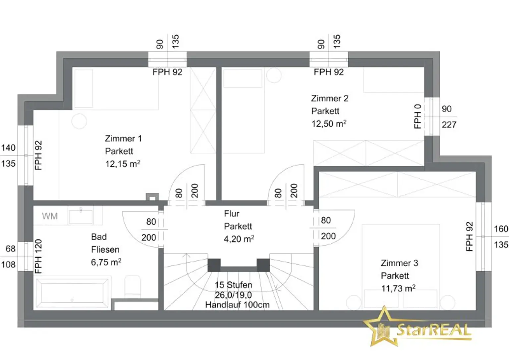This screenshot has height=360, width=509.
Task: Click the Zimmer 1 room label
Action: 123,138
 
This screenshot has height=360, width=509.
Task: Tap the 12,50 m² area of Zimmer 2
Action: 329,124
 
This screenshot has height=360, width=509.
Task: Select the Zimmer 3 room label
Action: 399,263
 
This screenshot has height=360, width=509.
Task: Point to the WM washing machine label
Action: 50,216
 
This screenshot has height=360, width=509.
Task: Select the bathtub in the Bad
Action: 72,293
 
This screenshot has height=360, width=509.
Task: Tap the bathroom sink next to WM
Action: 81,216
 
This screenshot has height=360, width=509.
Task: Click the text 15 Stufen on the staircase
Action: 233,285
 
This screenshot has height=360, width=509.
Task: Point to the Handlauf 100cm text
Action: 237,305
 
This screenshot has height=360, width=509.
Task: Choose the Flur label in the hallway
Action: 232,214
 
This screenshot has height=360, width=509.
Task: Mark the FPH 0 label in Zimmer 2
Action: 418,117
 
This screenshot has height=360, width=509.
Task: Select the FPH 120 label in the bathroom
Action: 38,256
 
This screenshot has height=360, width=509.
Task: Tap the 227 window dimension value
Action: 449,125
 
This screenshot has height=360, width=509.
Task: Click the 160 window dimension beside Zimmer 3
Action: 501,229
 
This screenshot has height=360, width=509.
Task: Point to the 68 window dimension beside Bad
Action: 11,249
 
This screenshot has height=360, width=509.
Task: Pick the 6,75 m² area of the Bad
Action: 106,262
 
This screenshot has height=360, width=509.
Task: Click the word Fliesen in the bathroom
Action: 105,249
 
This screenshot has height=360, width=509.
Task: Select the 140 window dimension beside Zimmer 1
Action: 8,148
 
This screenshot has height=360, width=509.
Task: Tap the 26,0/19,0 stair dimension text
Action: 233,295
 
